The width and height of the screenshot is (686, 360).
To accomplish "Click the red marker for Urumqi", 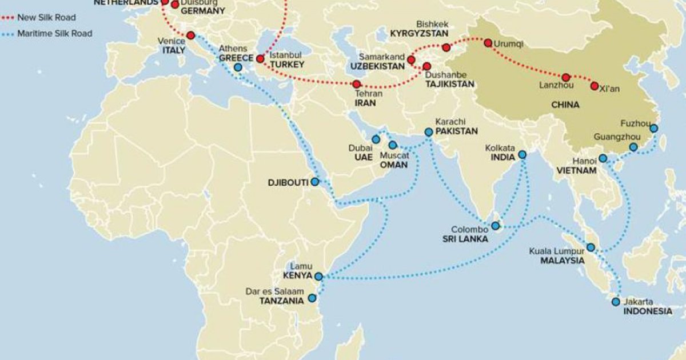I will click(x=488, y=43).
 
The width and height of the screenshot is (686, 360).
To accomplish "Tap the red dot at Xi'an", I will click(x=594, y=86).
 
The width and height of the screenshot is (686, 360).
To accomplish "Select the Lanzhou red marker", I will click(x=566, y=77).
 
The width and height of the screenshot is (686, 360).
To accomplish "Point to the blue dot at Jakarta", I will click(x=616, y=302).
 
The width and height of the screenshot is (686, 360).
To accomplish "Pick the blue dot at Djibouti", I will click(x=314, y=182).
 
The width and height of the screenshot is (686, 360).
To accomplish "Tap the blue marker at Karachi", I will click(x=428, y=132).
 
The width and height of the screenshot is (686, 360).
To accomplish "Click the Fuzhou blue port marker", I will click(x=653, y=129).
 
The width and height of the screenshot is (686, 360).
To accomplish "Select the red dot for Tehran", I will click(x=356, y=84).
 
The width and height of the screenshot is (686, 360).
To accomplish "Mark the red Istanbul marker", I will click(x=260, y=58).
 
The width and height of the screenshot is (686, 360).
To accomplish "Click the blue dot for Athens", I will click(x=238, y=67).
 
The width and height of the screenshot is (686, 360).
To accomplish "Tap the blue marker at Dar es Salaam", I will click(x=312, y=298).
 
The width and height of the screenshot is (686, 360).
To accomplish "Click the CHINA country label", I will click(x=565, y=105).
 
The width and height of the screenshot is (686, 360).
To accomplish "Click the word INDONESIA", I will click(x=647, y=311).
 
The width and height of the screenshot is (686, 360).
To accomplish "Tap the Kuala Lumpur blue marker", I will click(x=591, y=248).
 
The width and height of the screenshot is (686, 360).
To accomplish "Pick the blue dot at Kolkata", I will click(x=523, y=155).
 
